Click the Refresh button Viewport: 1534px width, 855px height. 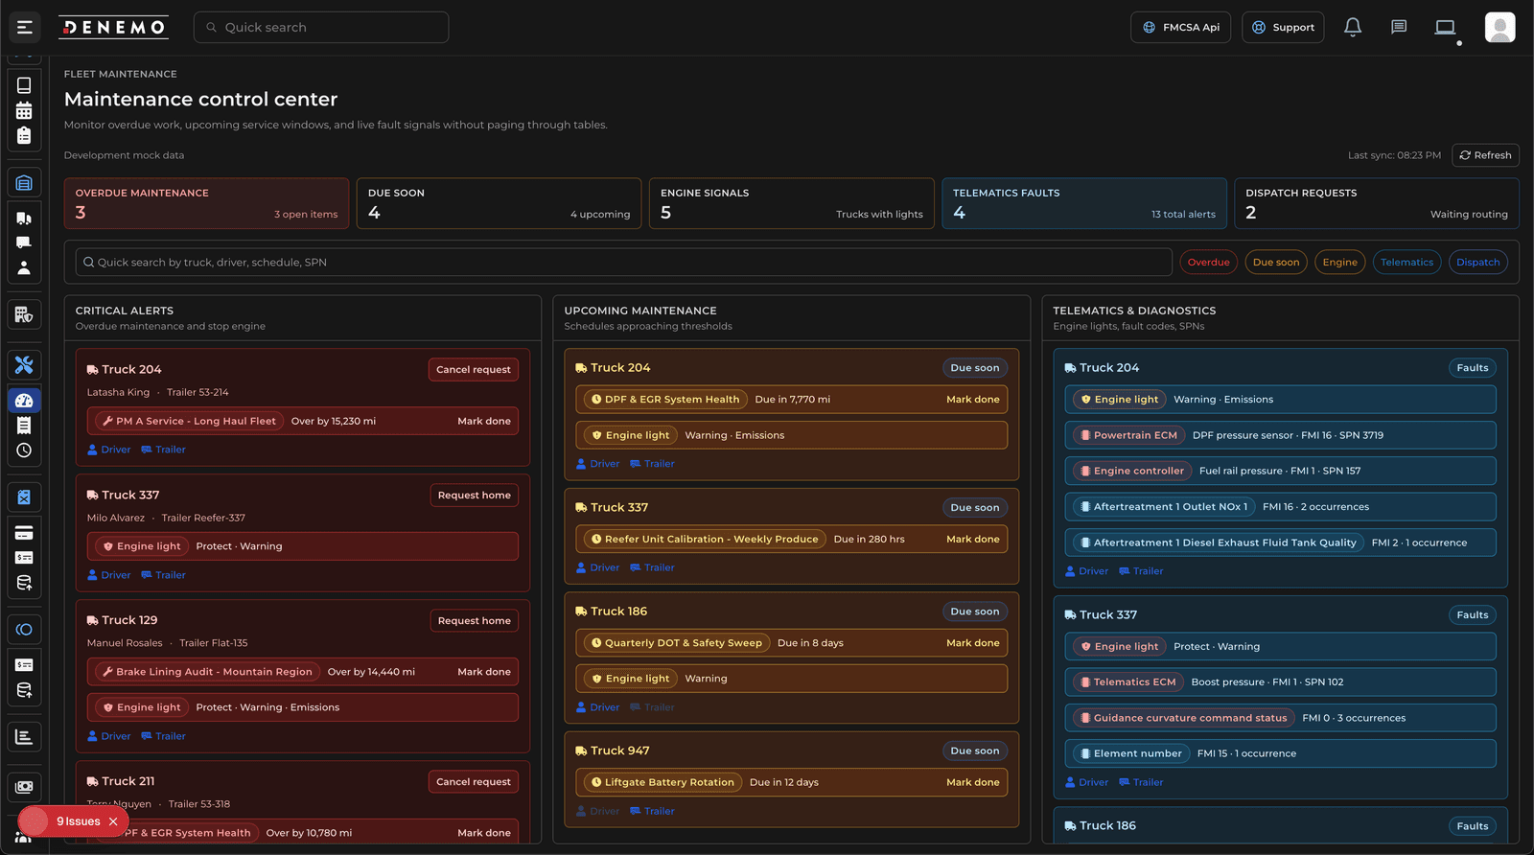point(1485,155)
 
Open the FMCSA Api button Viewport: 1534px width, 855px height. point(1180,28)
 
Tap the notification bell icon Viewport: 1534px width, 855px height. point(1352,28)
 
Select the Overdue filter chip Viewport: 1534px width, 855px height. point(1208,263)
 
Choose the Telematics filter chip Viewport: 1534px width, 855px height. point(1406,263)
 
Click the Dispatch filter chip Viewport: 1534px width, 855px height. point(1477,263)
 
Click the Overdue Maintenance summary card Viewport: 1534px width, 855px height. point(206,203)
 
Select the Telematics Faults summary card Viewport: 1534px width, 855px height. point(1083,203)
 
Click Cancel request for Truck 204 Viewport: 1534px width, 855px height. point(473,370)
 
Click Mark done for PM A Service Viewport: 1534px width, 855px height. point(483,422)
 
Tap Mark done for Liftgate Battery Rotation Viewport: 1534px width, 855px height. point(972,783)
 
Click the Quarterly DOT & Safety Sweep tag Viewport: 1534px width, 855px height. point(677,643)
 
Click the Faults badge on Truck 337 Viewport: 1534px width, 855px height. point(1472,615)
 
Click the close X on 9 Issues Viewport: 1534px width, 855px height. point(113,821)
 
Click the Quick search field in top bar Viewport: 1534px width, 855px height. point(321,28)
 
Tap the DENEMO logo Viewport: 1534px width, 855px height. point(113,28)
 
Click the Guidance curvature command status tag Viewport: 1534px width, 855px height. point(1183,718)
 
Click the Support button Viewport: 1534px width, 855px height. point(1283,28)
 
